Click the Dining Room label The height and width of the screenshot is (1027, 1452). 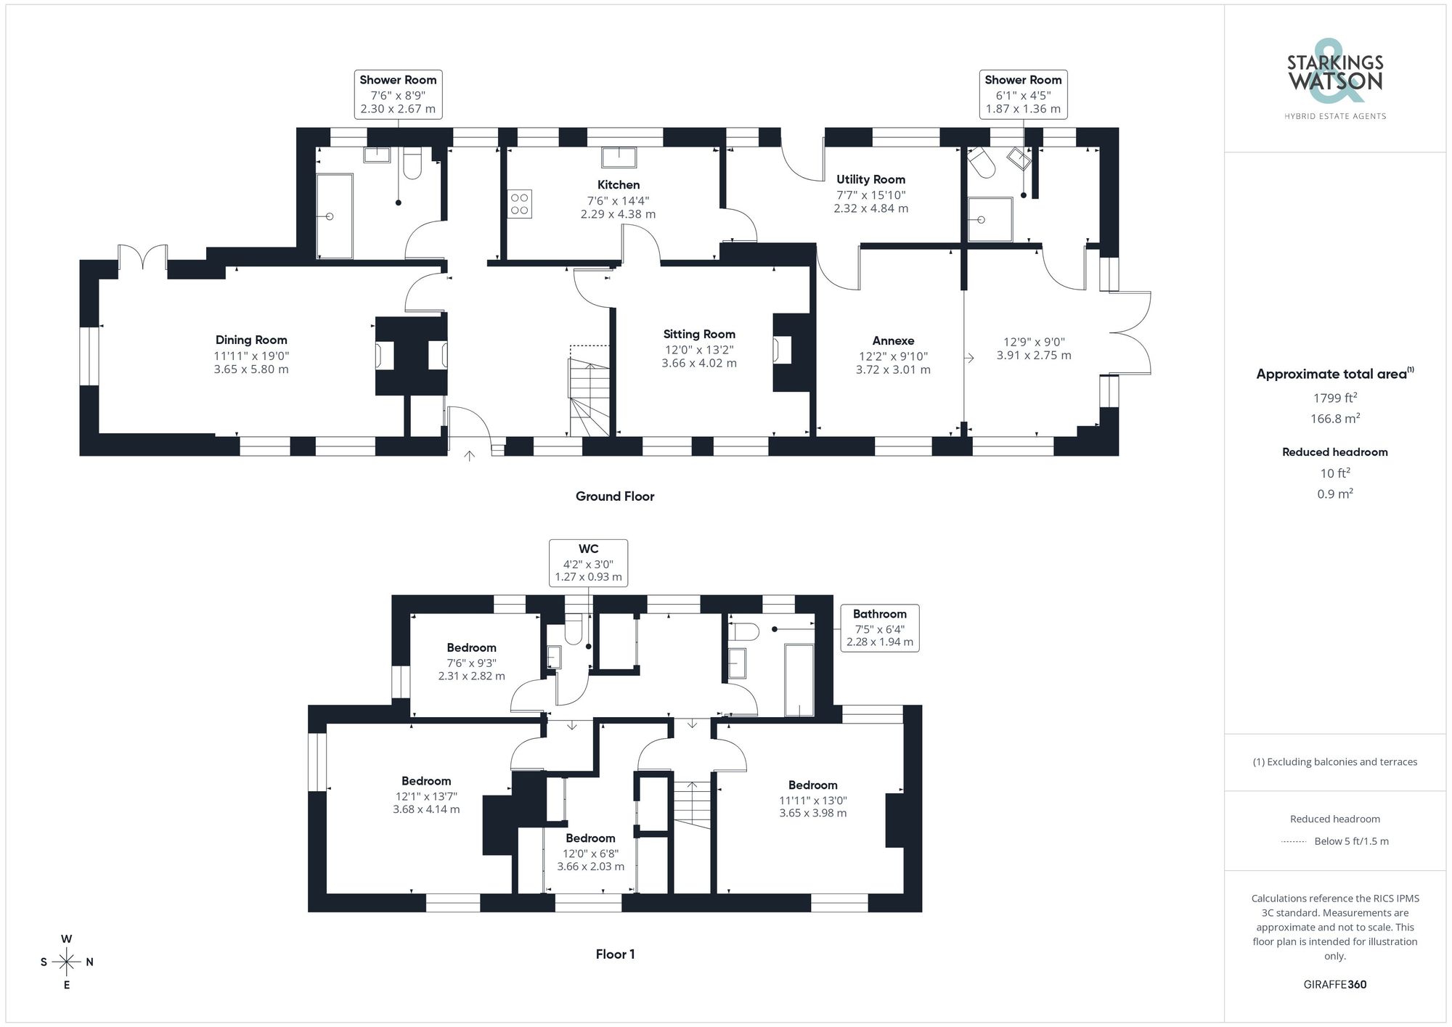pos(251,340)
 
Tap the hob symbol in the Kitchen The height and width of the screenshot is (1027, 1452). pos(519,204)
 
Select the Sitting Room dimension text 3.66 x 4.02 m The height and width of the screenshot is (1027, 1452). pos(698,363)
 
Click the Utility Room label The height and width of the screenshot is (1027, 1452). pos(870,179)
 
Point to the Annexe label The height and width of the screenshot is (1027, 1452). pos(893,340)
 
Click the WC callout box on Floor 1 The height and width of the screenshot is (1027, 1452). pos(588,562)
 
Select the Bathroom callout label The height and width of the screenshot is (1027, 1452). pos(879,614)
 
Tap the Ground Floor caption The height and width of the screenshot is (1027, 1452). pos(615,496)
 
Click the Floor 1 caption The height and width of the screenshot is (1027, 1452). pos(615,954)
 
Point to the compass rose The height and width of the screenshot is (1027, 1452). pos(67,962)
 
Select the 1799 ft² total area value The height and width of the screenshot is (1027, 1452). pos(1334,398)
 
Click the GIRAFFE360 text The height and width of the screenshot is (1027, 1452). pos(1334,985)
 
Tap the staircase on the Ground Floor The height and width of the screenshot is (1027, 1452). pos(589,399)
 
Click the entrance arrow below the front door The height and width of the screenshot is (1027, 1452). pos(470,456)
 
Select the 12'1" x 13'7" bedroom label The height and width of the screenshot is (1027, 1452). pos(426,795)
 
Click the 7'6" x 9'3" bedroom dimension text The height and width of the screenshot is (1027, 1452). pos(471,663)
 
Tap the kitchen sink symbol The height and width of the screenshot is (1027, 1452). pos(619,157)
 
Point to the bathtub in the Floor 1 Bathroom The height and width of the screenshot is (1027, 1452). pos(799,679)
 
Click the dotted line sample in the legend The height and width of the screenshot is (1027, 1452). pos(1294,842)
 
